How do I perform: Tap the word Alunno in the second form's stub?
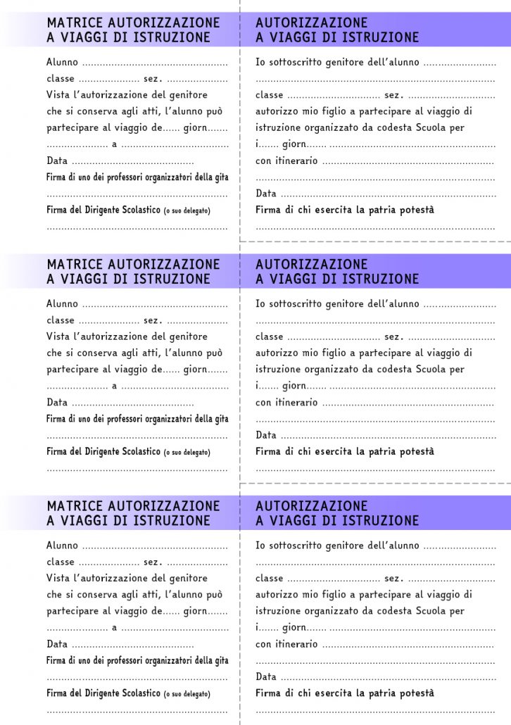tap(62, 304)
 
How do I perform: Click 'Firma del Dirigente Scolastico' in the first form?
tap(103, 210)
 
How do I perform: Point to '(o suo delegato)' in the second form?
tap(187, 452)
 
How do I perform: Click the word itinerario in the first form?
tap(296, 160)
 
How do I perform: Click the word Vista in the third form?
tap(58, 578)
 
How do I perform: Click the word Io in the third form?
tap(260, 546)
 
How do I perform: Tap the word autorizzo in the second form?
tap(277, 353)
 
